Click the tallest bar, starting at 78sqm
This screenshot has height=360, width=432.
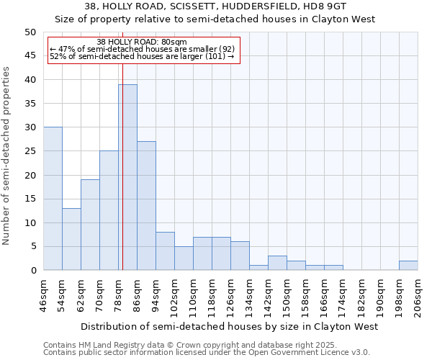pos(127,177)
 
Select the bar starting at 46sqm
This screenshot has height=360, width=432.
pos(53,199)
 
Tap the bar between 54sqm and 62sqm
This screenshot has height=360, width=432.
pos(71,239)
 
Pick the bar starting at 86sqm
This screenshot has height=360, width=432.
pos(146,206)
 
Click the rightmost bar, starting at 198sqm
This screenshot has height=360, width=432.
pos(408,266)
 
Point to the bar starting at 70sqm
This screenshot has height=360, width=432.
pos(109,210)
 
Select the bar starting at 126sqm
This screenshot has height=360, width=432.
pos(240,256)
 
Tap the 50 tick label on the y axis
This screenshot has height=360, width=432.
pos(30,32)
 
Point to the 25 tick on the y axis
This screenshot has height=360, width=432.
pos(30,151)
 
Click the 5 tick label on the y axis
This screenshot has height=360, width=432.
pos(33,247)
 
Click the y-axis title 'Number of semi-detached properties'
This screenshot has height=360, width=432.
pos(6,156)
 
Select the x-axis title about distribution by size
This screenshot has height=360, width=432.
pos(229,327)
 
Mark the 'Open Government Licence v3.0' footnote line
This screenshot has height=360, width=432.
pos(206,353)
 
